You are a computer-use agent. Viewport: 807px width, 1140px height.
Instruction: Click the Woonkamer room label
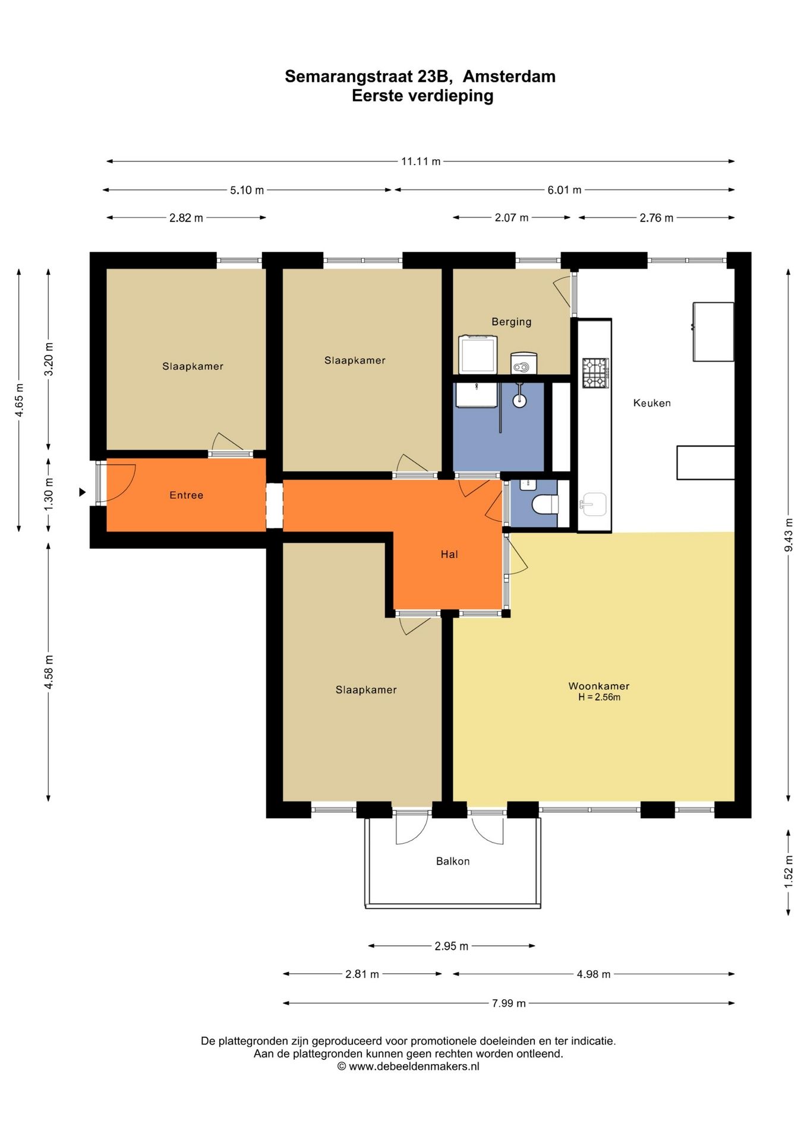(598, 686)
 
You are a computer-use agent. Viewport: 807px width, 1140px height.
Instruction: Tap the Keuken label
(652, 403)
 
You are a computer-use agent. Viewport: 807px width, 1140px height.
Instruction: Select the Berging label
(511, 322)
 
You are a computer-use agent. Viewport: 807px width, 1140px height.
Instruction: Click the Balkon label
(453, 861)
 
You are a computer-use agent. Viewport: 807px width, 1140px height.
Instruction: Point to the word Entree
(186, 495)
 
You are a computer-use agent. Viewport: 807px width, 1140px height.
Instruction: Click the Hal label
(449, 554)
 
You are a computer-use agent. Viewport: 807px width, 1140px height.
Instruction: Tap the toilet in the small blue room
(546, 505)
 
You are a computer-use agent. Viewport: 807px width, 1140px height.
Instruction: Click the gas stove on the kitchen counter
(595, 373)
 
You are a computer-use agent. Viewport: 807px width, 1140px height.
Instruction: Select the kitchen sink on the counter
(594, 504)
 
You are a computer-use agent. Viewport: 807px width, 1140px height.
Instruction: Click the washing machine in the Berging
(478, 354)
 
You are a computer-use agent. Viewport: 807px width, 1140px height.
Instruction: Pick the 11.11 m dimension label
(421, 161)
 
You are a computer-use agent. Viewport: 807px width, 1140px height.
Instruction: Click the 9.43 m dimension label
(789, 534)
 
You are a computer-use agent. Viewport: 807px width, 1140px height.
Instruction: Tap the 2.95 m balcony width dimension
(451, 946)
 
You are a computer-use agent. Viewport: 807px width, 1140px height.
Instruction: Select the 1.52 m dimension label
(789, 872)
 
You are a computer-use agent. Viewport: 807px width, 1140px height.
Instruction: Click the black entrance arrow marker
(83, 492)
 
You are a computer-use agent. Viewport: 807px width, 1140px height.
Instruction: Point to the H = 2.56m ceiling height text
(599, 698)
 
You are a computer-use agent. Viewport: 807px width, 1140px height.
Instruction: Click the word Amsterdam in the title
(509, 77)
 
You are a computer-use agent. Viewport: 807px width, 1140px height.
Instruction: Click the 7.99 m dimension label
(509, 1003)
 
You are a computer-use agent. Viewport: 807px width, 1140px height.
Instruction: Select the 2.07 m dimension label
(511, 218)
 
